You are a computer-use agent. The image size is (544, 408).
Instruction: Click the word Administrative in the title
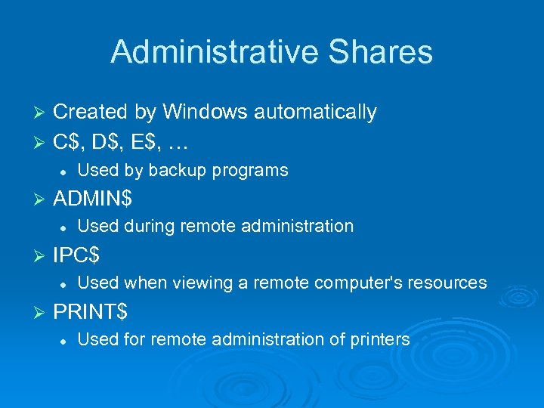coord(206,52)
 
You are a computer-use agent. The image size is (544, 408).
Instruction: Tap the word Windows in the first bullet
coord(205,112)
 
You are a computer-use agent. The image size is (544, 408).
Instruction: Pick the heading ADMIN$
coord(92,198)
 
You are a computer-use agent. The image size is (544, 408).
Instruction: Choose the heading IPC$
coord(76,255)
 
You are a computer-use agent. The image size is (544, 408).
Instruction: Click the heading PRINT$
coord(90,311)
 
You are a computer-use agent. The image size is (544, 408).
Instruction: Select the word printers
coord(380,339)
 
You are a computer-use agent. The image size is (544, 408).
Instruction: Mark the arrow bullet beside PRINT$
coord(41,311)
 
